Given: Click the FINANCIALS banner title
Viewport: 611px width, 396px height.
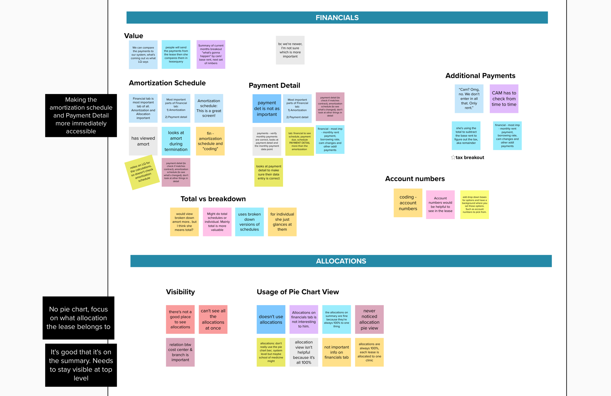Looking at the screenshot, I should coord(337,18).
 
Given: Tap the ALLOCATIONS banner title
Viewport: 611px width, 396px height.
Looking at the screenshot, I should coord(341,261).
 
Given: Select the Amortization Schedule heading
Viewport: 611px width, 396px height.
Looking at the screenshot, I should coord(167,83).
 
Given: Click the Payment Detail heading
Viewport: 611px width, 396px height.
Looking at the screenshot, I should coord(274,86).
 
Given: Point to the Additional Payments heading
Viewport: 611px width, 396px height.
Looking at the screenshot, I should coord(480,76).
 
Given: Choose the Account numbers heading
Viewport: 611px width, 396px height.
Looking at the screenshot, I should coord(415,179).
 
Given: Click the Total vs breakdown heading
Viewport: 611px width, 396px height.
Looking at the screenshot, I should coord(213,199).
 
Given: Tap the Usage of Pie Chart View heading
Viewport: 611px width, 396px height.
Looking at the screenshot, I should coord(297,292).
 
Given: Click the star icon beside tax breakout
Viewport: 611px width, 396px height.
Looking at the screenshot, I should coord(453,158).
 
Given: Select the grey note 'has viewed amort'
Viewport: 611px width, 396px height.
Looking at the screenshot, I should coord(143,141).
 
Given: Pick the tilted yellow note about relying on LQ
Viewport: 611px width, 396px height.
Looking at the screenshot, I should coord(142,172).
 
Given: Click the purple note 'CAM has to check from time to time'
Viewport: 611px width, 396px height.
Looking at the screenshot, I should coord(504,99).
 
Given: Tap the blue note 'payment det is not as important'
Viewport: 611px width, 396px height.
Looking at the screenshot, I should coord(266,108).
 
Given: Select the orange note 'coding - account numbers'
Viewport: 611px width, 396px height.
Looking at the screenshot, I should coord(408,203).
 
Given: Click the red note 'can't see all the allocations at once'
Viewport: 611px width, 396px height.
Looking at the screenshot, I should coord(213,319).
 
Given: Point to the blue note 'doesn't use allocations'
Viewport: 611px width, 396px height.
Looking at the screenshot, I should coord(271,319).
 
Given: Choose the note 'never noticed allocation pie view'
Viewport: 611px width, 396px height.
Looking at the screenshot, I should coord(369,319).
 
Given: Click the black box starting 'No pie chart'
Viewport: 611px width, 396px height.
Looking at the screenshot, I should coord(78,318).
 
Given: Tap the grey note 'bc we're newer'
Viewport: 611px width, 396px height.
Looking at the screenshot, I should coord(290,50).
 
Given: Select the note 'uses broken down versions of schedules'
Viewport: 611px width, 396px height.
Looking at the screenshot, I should coord(249,222).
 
